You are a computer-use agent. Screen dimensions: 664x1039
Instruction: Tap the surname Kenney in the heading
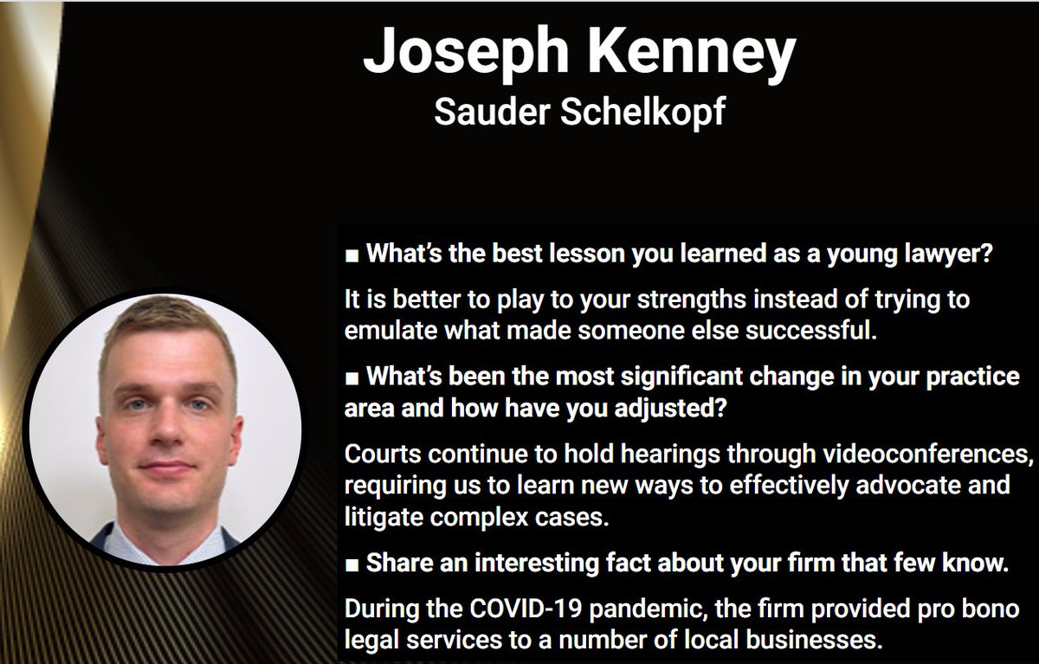coord(693,53)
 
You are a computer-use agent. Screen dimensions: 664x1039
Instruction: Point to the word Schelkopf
coord(645,113)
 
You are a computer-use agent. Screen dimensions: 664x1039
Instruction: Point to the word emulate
coord(382,332)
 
